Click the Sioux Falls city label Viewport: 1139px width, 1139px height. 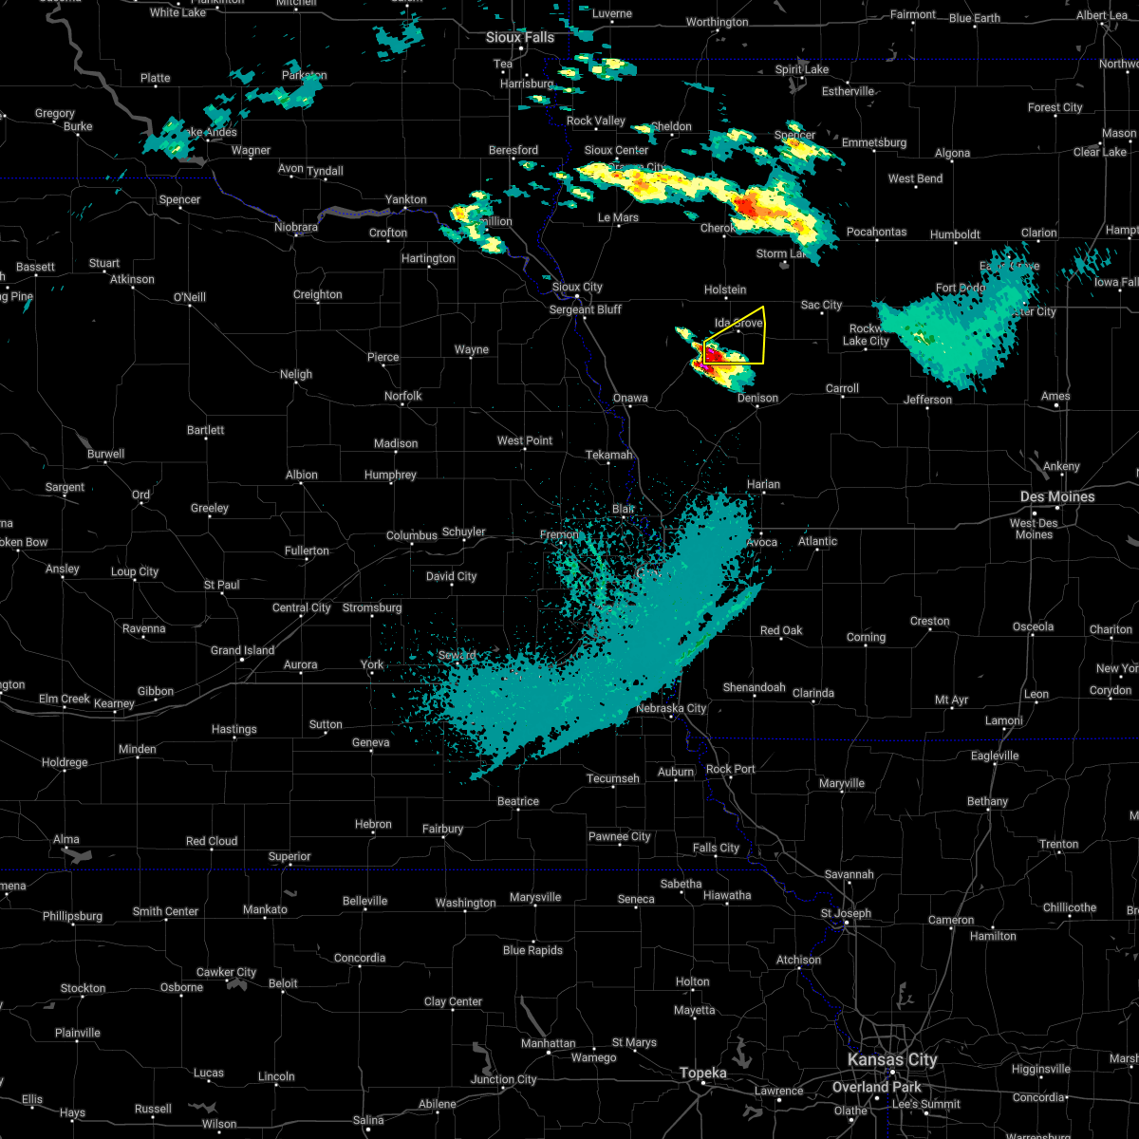pyautogui.click(x=519, y=37)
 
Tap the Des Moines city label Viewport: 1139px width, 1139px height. pyautogui.click(x=1057, y=496)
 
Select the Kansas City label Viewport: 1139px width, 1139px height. pyautogui.click(x=892, y=1059)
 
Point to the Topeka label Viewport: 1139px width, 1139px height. pyautogui.click(x=702, y=1073)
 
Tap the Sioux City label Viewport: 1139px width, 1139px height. pyautogui.click(x=577, y=287)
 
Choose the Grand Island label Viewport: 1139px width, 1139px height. pyautogui.click(x=242, y=650)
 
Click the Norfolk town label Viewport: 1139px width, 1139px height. pyautogui.click(x=402, y=396)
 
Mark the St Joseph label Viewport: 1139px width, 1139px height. pyautogui.click(x=848, y=913)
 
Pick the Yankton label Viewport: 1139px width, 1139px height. pyautogui.click(x=405, y=199)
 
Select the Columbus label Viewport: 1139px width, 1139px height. pyautogui.click(x=411, y=535)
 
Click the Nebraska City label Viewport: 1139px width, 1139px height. pyautogui.click(x=671, y=708)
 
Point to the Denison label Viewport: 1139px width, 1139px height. pyautogui.click(x=757, y=399)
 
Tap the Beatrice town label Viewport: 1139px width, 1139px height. pyautogui.click(x=518, y=801)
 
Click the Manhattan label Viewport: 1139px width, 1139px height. pyautogui.click(x=548, y=1043)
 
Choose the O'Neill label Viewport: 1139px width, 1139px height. pyautogui.click(x=189, y=297)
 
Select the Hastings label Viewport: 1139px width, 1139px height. pyautogui.click(x=233, y=729)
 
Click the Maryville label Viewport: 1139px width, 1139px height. pyautogui.click(x=841, y=783)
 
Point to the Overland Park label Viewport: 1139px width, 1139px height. pyautogui.click(x=876, y=1087)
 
